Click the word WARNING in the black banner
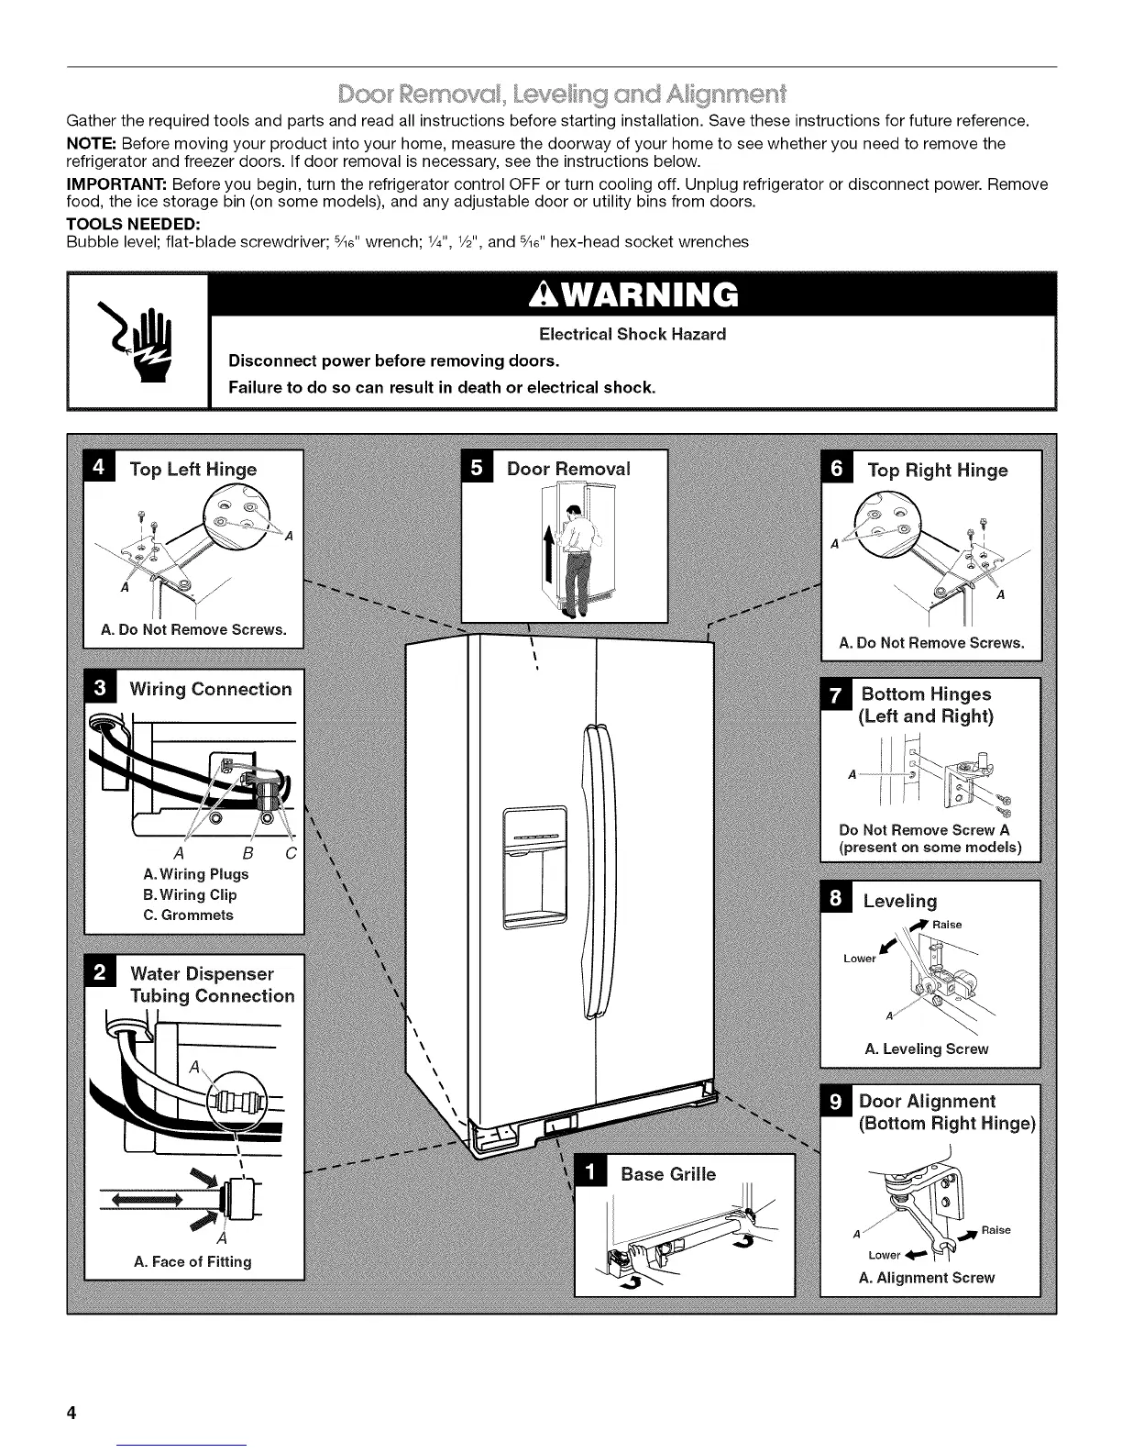[633, 294]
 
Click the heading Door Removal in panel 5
[568, 469]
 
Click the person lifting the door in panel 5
[576, 560]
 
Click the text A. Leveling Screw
[927, 1048]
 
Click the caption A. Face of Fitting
[192, 1261]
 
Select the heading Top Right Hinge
[937, 471]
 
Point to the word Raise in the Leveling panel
[947, 925]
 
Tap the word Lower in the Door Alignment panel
[885, 1255]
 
